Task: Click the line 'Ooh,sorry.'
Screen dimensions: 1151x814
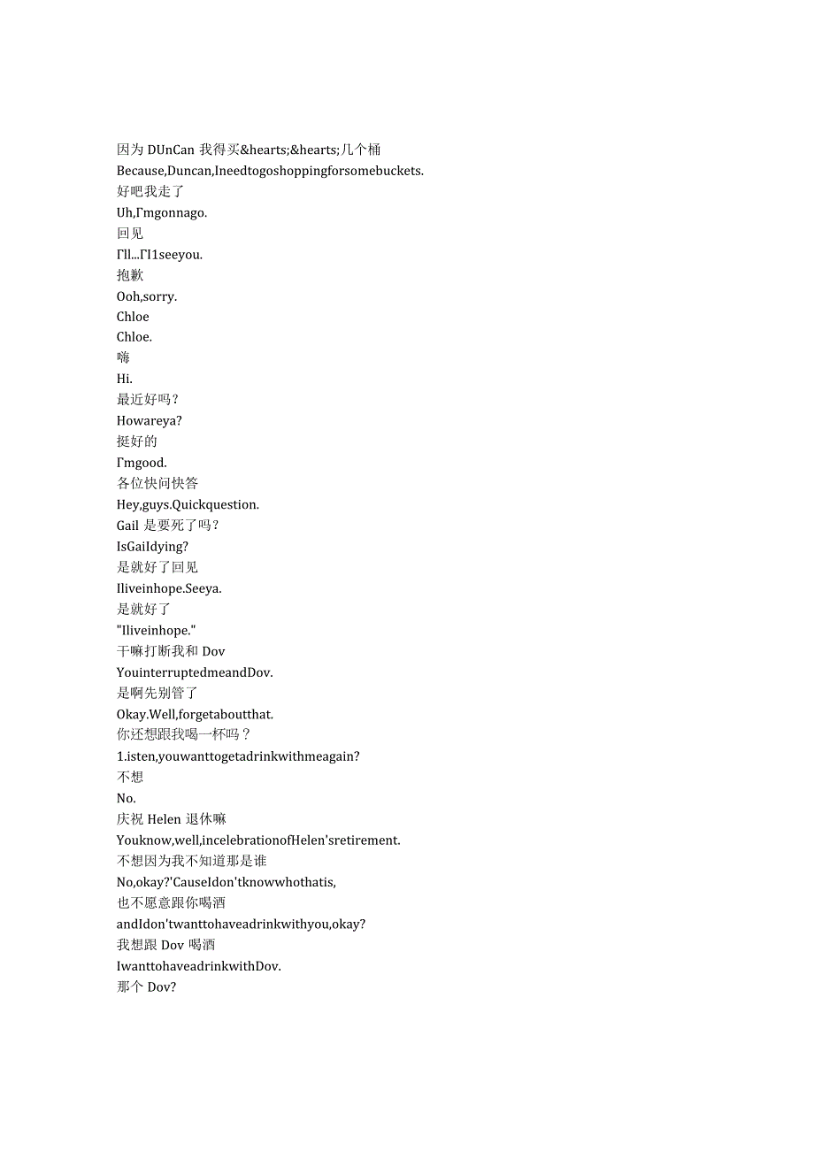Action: click(x=147, y=296)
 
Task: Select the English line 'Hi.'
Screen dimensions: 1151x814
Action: click(x=125, y=379)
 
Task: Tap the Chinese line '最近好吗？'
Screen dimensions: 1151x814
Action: click(x=148, y=400)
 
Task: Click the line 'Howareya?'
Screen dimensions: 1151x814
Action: click(x=150, y=421)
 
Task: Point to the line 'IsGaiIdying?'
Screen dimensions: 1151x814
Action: click(x=152, y=547)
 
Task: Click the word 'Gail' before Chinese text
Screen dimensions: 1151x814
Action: click(x=127, y=526)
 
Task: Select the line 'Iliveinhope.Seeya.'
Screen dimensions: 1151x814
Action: click(x=169, y=588)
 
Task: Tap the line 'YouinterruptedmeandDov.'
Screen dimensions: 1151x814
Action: click(x=195, y=672)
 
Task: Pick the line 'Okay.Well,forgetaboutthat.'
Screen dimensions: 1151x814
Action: click(x=202, y=714)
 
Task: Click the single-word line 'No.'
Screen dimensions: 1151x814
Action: click(x=127, y=798)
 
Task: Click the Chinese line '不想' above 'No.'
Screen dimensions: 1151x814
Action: click(x=130, y=777)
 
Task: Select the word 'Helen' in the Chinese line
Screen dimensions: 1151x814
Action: click(x=165, y=819)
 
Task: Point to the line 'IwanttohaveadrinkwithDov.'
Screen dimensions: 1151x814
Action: click(x=199, y=966)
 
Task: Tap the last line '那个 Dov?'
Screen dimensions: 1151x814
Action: click(x=146, y=986)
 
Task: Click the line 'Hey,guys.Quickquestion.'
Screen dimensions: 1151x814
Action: click(x=188, y=504)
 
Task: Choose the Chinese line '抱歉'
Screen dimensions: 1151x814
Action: click(x=130, y=275)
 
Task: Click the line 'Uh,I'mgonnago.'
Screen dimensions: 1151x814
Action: click(x=162, y=212)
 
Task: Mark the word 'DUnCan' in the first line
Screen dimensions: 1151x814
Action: click(x=171, y=150)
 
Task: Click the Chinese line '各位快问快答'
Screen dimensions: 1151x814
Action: click(x=157, y=483)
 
